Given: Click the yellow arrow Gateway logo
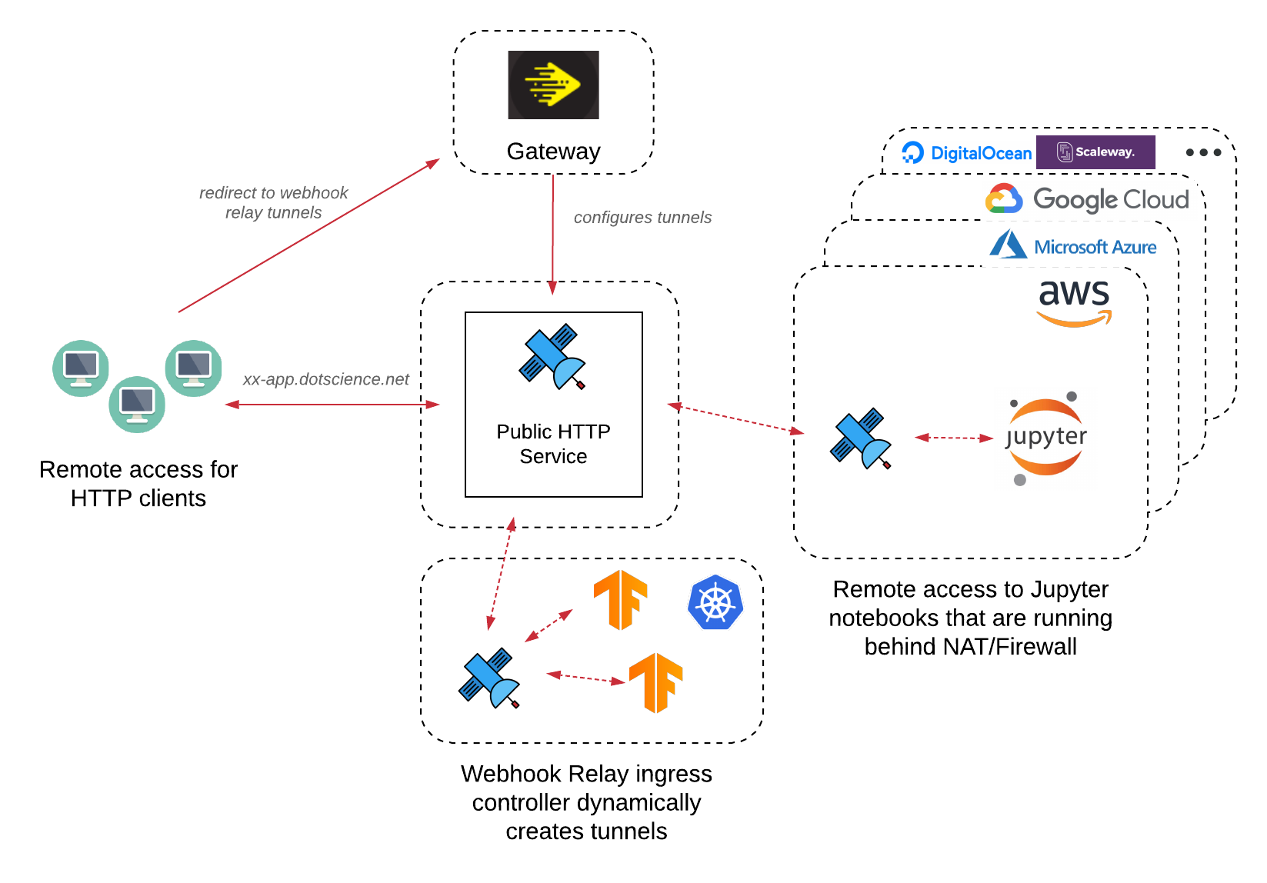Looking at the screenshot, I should coord(553,85).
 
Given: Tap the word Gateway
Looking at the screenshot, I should coord(553,152).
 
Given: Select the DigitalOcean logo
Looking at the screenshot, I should coord(967,152).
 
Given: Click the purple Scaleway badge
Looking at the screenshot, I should coord(1095,152).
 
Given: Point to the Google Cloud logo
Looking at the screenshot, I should coord(1087,199).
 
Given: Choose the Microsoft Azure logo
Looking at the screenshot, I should coord(1073,246).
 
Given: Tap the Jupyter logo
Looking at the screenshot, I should coord(1045,438).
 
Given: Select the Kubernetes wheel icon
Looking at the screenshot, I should coord(715,602).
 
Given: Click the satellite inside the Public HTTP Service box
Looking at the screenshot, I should coord(552,356).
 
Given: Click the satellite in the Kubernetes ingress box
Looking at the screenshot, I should coord(489,678).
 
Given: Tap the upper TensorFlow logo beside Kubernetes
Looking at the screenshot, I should coord(620,600).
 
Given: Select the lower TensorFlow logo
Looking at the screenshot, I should coord(656,682).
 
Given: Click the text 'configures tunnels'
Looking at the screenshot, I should coord(642,218).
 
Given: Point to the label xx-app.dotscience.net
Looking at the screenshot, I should coord(326,379).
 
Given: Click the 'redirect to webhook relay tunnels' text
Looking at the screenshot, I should coord(273,202).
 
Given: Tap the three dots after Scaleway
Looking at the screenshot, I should coord(1203,152).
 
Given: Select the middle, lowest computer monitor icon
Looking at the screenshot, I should coord(137,404).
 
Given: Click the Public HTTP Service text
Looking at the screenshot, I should coord(553,444).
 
